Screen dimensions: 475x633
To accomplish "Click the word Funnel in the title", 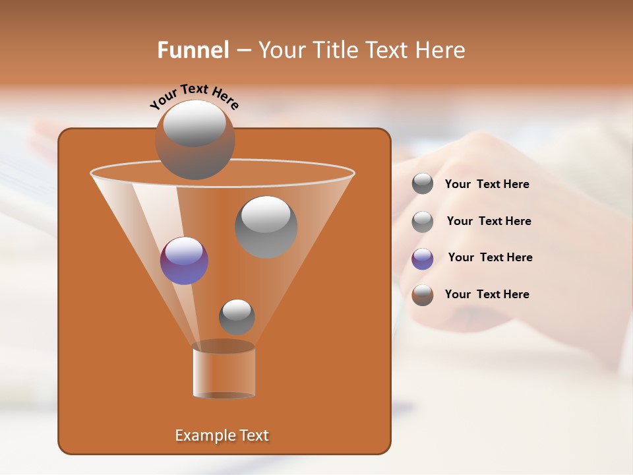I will coord(193,50).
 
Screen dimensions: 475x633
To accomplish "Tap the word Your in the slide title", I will coord(282,50).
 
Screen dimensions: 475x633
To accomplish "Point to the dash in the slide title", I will coord(243,51).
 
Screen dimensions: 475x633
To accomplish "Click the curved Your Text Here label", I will coord(194,95).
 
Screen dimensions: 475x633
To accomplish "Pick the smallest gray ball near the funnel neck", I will coord(237,317).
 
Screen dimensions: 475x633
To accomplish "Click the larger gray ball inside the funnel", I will coord(266,227).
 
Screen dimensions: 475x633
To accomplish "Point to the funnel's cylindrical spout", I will coord(224,373).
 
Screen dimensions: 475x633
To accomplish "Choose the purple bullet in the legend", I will coord(423,259).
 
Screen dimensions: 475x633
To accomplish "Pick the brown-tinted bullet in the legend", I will coord(423,295).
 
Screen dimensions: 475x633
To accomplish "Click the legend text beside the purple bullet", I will coord(490,257).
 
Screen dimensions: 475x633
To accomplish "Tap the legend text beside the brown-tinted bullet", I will coord(487,294).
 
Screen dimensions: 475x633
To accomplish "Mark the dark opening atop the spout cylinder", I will coord(224,346).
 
